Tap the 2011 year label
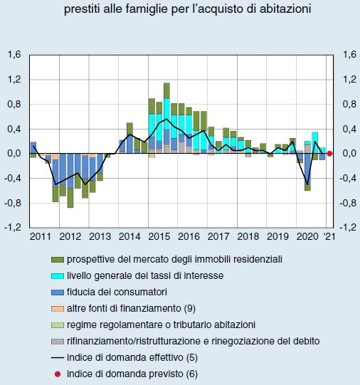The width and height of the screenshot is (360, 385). pos(41,236)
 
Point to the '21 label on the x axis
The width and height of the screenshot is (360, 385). pos(328,236)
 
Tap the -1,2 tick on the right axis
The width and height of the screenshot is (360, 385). pos(348,228)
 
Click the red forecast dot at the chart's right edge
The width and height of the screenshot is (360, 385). pos(329,153)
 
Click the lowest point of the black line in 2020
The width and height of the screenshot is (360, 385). pos(307,184)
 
